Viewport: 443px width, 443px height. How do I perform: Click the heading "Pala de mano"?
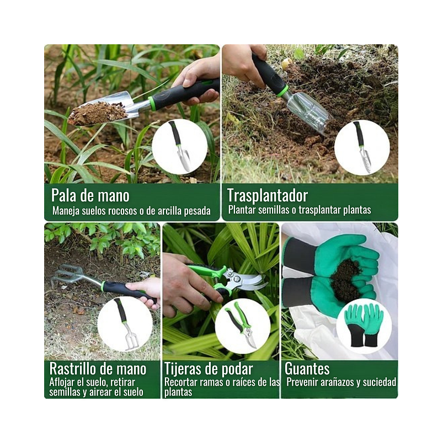click(x=90, y=195)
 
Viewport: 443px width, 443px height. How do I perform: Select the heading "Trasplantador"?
click(x=267, y=195)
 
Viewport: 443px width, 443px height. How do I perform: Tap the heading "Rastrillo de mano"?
click(x=98, y=369)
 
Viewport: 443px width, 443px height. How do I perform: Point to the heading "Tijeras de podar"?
click(x=209, y=369)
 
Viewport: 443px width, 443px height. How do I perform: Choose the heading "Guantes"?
click(x=307, y=369)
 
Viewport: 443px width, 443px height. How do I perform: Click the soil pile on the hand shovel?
click(x=96, y=113)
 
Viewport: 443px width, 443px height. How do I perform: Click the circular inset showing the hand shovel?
click(x=179, y=147)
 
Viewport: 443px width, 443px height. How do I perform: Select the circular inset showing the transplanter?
click(x=362, y=147)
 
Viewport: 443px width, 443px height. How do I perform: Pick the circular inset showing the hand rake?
click(x=125, y=324)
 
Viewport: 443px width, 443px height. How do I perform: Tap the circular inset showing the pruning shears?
click(x=242, y=326)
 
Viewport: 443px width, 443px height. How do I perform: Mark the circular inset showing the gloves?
click(x=364, y=326)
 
